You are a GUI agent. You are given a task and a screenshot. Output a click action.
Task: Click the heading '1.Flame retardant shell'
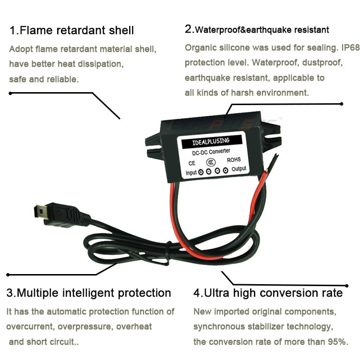click(72, 30)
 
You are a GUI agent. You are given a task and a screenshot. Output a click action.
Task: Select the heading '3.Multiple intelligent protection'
click(89, 293)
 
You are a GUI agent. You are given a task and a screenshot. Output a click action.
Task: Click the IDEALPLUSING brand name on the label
click(211, 142)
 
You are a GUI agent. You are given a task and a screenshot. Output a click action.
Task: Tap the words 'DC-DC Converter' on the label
click(211, 152)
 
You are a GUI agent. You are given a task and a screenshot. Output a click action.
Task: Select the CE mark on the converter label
click(192, 163)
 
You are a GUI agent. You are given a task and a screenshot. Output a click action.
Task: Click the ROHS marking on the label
click(234, 160)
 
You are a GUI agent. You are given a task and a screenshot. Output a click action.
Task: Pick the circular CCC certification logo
click(211, 162)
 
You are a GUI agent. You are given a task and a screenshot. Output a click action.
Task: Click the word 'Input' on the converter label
click(191, 173)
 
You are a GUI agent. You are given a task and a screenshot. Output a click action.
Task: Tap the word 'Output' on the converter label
click(239, 169)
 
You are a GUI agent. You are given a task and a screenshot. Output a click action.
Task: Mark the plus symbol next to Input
click(201, 172)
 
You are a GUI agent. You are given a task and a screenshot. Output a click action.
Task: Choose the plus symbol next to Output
click(226, 170)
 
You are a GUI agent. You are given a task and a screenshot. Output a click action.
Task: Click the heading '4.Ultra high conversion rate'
click(268, 293)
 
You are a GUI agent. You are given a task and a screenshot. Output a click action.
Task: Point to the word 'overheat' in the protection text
click(134, 326)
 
